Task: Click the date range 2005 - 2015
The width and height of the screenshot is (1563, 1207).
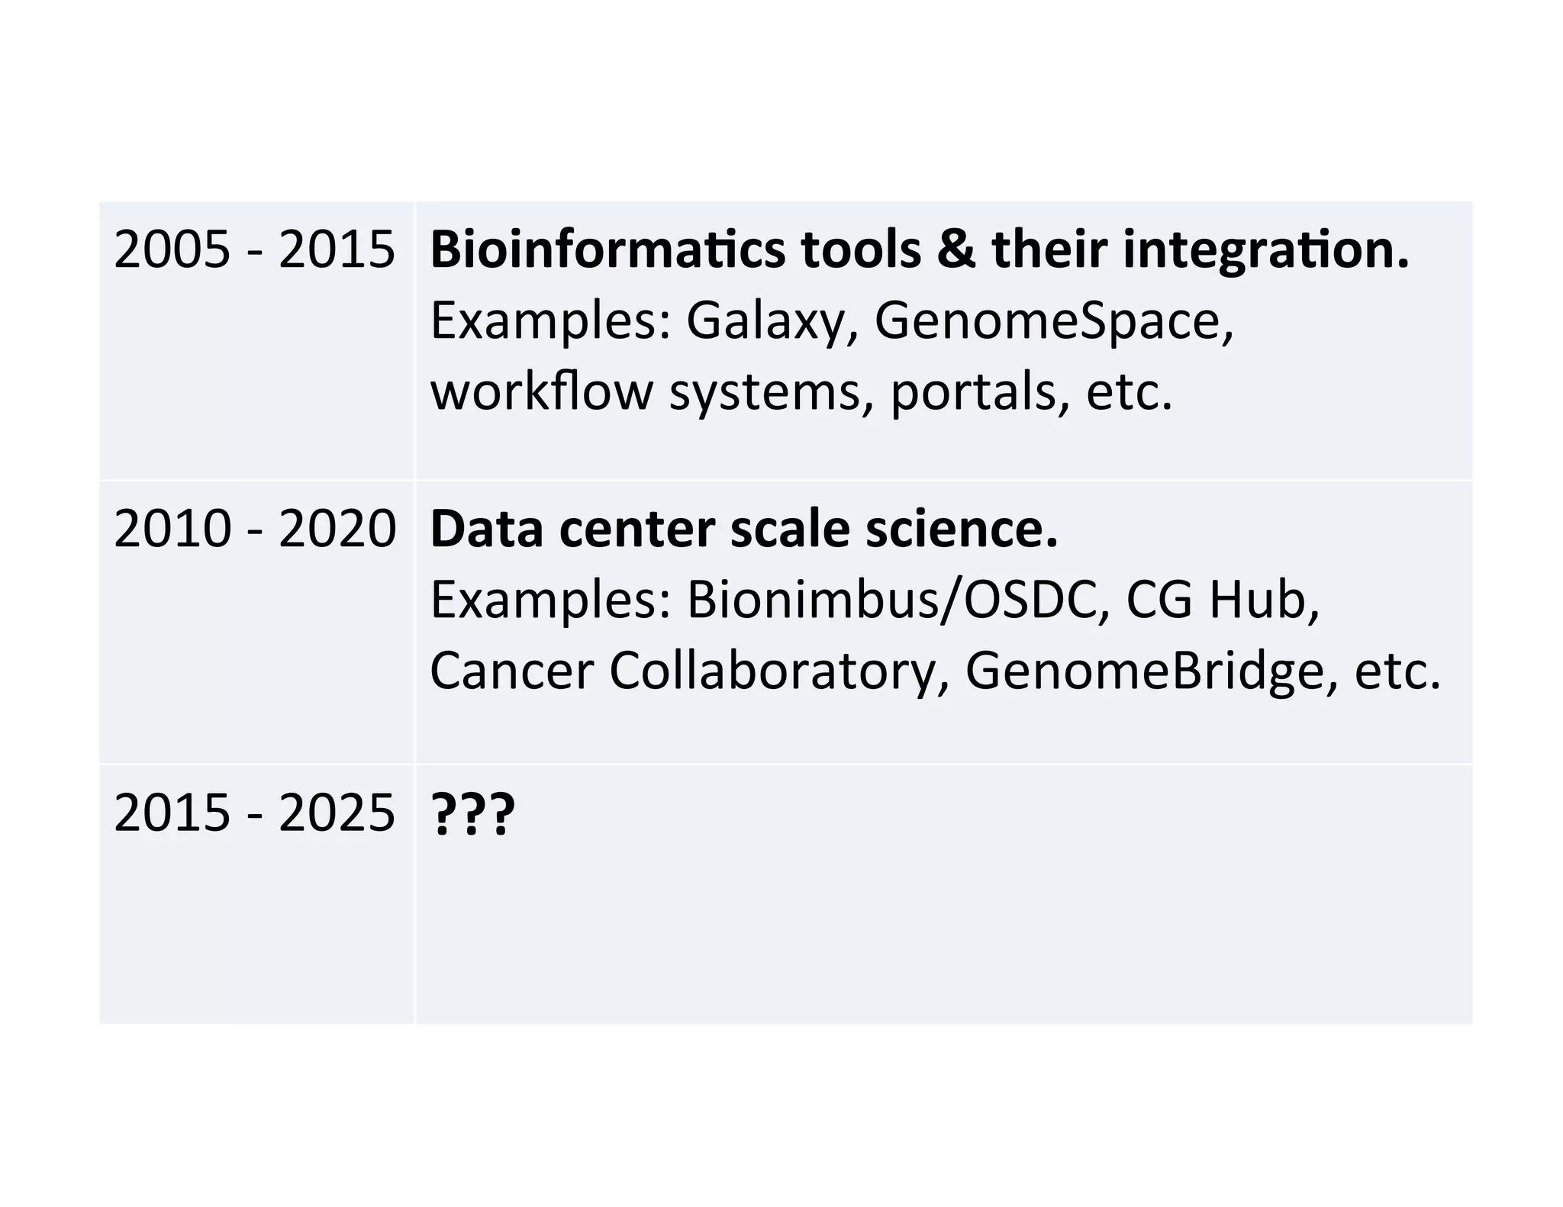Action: tap(254, 249)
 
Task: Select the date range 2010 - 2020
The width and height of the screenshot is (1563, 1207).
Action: tap(254, 529)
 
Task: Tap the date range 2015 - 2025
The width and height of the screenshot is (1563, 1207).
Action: tap(254, 813)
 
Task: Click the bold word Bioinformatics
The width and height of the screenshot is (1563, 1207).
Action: tap(607, 249)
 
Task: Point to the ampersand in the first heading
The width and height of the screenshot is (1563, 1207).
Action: tap(956, 249)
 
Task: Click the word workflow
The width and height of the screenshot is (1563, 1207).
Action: tap(542, 391)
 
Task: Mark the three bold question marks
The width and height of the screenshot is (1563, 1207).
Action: tap(473, 814)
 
